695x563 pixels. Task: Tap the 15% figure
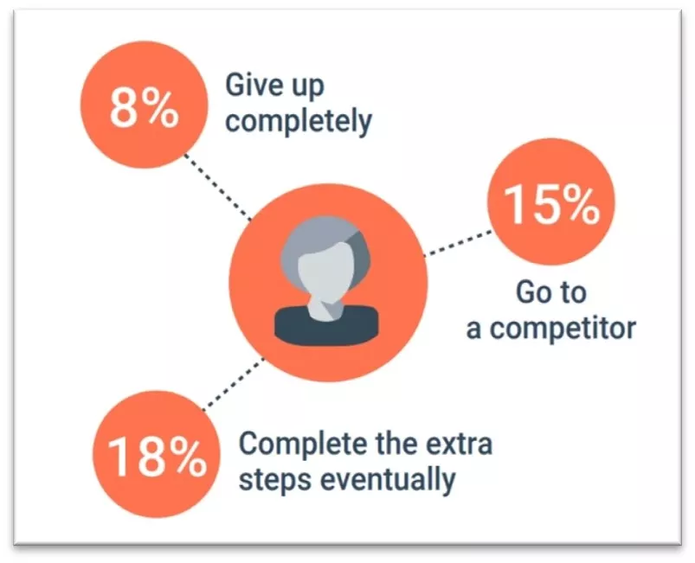coord(551,206)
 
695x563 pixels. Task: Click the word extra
coord(458,444)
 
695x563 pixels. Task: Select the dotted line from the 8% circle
coord(216,185)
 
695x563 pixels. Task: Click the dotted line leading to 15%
coord(454,244)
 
